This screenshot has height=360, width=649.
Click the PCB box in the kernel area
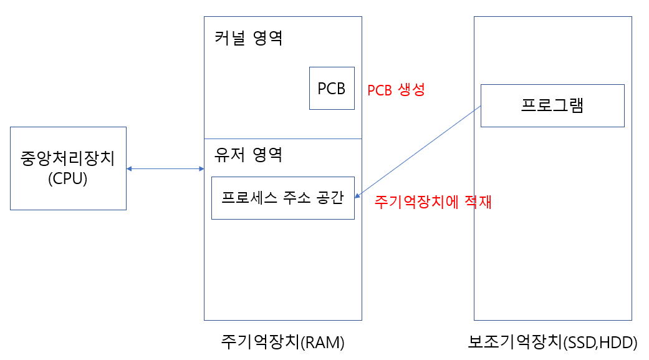(x=332, y=89)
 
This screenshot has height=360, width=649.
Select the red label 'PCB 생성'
(x=396, y=90)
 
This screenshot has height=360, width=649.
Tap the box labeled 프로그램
(x=552, y=105)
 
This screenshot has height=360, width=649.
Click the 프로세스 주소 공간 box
(x=282, y=198)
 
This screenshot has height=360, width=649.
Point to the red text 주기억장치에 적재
(x=433, y=203)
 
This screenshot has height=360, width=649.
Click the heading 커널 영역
(x=248, y=39)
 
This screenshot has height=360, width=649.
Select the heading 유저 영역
(x=248, y=154)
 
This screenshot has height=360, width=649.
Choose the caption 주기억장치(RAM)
(x=282, y=343)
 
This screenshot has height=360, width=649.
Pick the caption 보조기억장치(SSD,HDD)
(x=552, y=343)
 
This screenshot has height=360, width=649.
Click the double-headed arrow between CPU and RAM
(x=165, y=168)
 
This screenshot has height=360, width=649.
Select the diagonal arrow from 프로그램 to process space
(x=418, y=152)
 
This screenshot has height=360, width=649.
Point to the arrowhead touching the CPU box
(x=130, y=168)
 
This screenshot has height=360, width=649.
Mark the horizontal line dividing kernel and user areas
(x=282, y=139)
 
